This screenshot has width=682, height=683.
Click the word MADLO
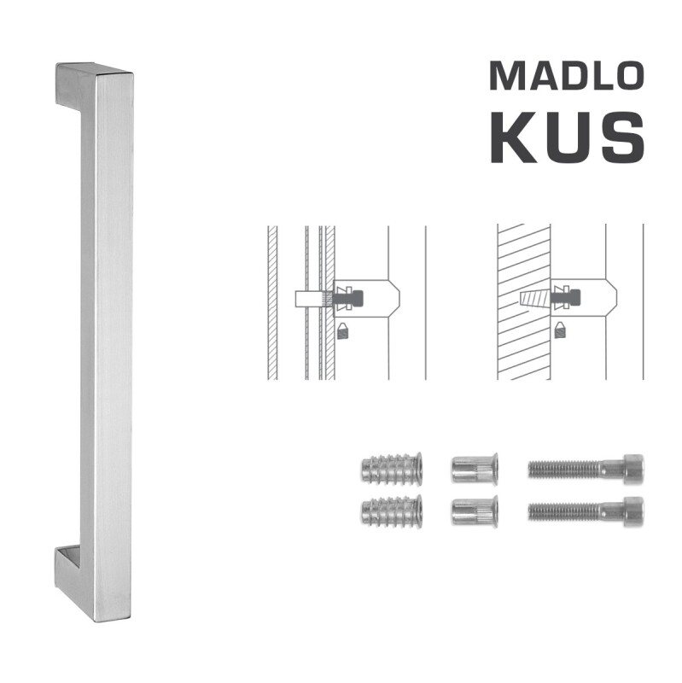point(565,76)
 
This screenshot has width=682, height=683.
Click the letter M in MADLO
point(505,76)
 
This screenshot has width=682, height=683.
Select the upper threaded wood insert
point(391,469)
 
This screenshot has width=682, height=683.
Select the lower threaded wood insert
point(391,511)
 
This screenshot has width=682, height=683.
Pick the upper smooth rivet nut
point(475,469)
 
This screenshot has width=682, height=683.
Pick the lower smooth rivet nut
point(475,511)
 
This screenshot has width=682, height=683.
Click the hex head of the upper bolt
point(632,469)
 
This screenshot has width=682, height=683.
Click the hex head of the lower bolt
point(632,511)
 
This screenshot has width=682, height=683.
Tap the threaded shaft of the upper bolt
point(563,469)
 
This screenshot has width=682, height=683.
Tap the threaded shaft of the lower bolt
point(563,511)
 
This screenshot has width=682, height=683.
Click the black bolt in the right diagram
point(568,300)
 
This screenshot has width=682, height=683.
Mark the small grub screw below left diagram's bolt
point(342,330)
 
